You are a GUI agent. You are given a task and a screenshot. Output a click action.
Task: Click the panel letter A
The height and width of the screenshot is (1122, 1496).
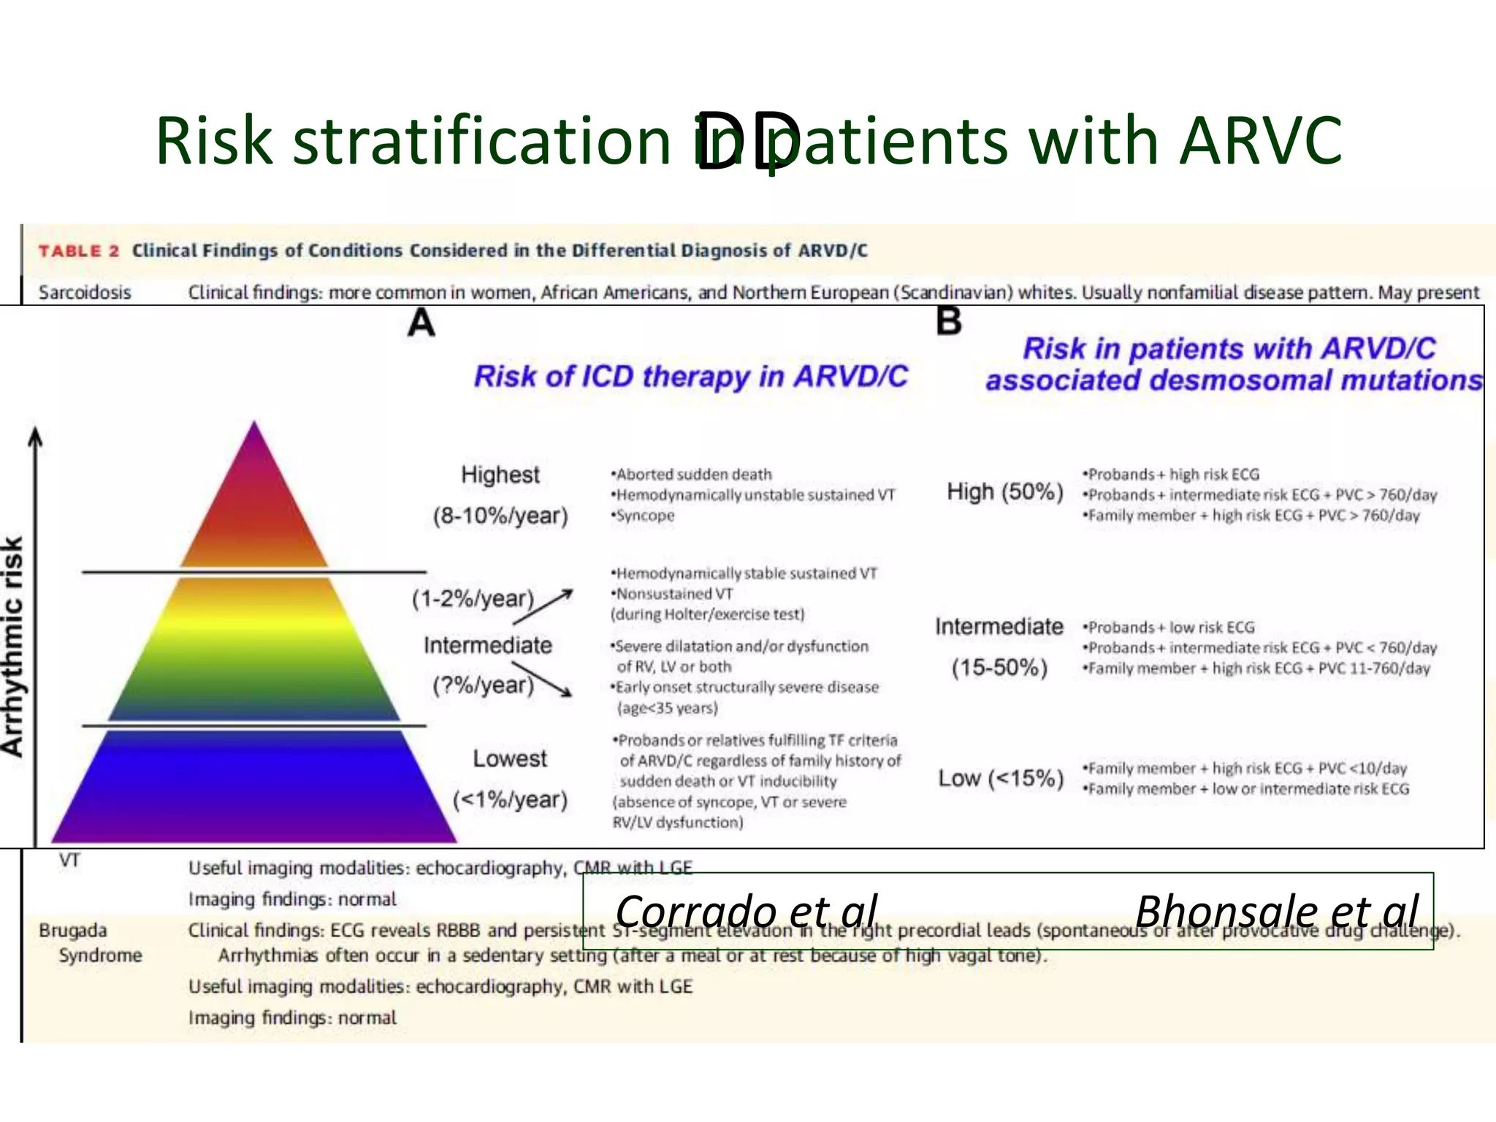coord(421,323)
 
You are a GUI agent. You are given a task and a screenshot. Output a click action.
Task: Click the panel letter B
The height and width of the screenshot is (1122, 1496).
coord(948,321)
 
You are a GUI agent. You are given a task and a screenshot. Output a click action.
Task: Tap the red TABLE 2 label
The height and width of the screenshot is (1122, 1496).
coord(78,251)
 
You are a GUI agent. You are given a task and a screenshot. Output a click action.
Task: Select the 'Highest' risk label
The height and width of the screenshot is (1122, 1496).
coord(500,475)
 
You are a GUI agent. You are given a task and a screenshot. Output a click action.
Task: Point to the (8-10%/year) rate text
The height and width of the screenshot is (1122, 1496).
coord(500,516)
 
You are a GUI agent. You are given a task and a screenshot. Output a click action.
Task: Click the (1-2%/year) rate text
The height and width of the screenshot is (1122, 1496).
coord(473,599)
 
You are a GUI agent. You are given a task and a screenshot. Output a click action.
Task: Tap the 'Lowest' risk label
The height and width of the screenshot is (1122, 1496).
coord(509,758)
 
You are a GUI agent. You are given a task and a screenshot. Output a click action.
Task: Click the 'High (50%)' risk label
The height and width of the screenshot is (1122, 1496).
coord(1004,492)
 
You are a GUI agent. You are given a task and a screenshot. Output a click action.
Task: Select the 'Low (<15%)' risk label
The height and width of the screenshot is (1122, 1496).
coord(1000,778)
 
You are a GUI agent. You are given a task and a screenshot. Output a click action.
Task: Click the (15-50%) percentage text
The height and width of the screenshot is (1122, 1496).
coord(999,668)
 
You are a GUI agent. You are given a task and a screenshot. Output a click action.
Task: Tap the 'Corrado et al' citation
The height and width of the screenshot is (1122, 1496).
coord(746,911)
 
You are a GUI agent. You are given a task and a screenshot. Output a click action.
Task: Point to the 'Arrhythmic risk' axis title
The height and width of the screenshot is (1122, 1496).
coord(13,646)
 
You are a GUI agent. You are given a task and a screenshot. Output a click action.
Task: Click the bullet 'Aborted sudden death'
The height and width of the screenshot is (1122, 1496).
coord(693,475)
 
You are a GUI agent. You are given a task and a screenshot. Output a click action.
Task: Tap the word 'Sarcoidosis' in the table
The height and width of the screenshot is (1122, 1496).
coord(85,293)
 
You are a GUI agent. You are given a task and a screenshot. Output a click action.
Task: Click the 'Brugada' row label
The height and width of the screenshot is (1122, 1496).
coord(73,931)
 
